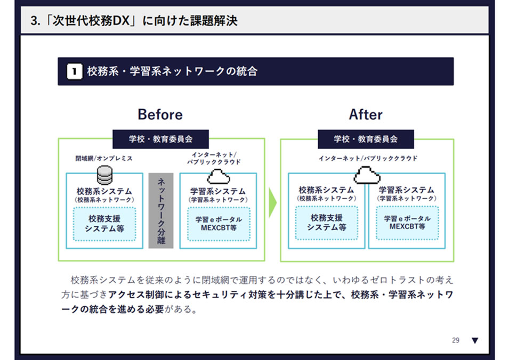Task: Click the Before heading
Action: (x=160, y=114)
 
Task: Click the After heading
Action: (x=366, y=114)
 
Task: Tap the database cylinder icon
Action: (x=104, y=175)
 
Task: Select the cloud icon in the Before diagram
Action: (x=218, y=176)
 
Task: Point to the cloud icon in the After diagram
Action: (x=367, y=174)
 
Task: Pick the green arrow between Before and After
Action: (x=272, y=202)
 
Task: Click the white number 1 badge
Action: (x=75, y=71)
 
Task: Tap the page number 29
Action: (x=456, y=340)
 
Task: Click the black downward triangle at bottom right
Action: (x=475, y=340)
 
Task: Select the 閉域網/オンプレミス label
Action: (x=104, y=158)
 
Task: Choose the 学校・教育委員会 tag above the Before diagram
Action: (x=160, y=139)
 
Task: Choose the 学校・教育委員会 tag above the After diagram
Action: (x=366, y=139)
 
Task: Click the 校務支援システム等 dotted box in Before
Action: (x=104, y=223)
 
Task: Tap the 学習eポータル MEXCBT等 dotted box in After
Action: (x=407, y=222)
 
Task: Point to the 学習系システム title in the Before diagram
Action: (x=218, y=191)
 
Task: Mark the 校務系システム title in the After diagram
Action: (x=326, y=190)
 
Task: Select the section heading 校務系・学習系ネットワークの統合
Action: (x=172, y=71)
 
